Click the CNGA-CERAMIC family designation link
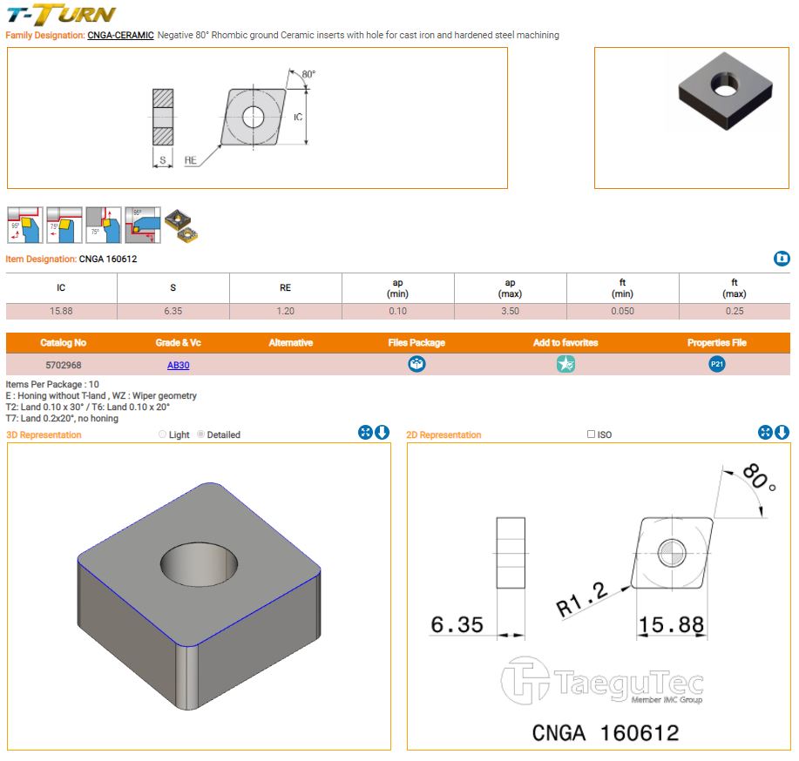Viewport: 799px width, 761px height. (x=120, y=35)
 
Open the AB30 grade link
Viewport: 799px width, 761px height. (x=179, y=365)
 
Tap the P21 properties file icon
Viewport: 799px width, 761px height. (x=716, y=364)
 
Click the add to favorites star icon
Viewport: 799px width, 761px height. (x=565, y=364)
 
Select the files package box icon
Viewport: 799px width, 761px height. (x=416, y=364)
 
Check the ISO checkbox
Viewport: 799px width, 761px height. (x=591, y=434)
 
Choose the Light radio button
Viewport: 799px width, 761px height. (x=163, y=434)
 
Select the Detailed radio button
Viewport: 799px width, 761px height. (x=200, y=434)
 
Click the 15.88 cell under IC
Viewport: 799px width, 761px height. (x=61, y=311)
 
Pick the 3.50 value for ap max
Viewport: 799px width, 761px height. (x=510, y=311)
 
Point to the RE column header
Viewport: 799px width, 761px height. (x=286, y=288)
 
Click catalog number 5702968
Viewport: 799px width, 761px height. (x=64, y=365)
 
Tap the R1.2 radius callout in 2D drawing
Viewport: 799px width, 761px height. (x=581, y=600)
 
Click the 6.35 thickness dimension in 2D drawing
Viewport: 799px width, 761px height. (x=457, y=624)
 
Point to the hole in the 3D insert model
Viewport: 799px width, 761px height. (x=200, y=564)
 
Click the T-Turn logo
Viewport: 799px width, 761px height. (x=61, y=14)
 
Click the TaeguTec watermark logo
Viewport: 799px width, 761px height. (x=602, y=681)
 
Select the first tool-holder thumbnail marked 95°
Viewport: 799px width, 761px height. (x=25, y=225)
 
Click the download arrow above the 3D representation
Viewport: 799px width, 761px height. (x=383, y=433)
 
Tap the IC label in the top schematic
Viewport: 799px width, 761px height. (x=298, y=118)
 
